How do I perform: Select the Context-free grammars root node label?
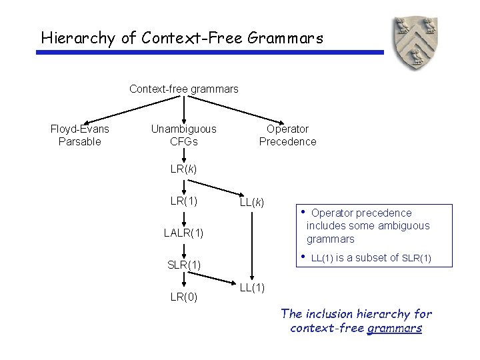pyautogui.click(x=183, y=89)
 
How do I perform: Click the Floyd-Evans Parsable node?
pyautogui.click(x=80, y=135)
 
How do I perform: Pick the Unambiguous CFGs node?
pyautogui.click(x=183, y=135)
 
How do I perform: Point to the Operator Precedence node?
pyautogui.click(x=287, y=135)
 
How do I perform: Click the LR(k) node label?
pyautogui.click(x=183, y=169)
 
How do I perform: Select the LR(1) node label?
pyautogui.click(x=183, y=201)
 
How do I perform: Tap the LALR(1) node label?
pyautogui.click(x=183, y=233)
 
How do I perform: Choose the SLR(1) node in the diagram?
pyautogui.click(x=183, y=265)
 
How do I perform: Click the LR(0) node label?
pyautogui.click(x=183, y=297)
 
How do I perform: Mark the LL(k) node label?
pyautogui.click(x=252, y=202)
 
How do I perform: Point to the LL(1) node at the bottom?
pyautogui.click(x=252, y=287)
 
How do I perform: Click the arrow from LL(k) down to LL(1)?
pyautogui.click(x=252, y=243)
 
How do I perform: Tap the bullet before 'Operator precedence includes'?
pyautogui.click(x=303, y=213)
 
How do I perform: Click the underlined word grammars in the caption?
pyautogui.click(x=395, y=328)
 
